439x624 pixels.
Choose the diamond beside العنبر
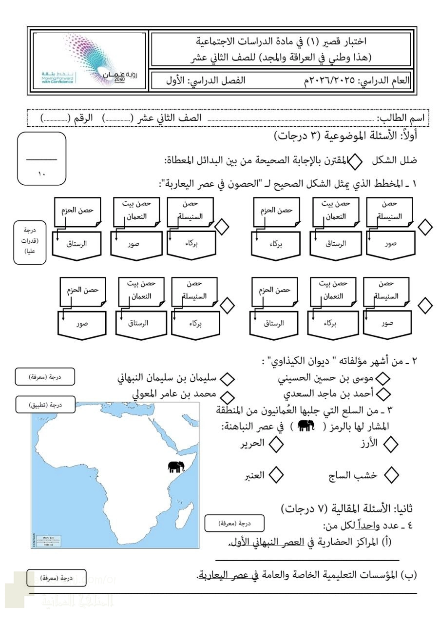pos(277,474)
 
